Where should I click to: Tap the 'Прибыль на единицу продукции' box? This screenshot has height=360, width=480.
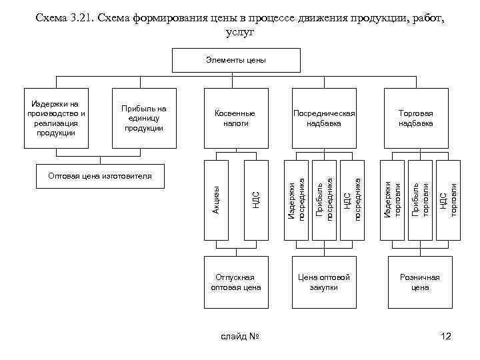144,118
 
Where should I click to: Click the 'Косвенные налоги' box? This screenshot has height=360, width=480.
235,118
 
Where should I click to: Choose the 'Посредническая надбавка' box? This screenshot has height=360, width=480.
324,118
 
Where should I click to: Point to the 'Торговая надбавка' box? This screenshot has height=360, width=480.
416,118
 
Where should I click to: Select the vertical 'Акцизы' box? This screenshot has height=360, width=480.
216,200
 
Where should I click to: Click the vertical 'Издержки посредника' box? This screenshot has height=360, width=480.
297,200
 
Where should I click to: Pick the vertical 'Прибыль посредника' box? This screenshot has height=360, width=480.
325,200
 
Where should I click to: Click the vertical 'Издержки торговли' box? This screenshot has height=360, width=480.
393,200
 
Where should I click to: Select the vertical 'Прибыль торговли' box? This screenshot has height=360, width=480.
420,200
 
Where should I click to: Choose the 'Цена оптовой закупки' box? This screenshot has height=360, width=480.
324,281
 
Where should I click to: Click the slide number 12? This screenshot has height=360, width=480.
446,336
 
